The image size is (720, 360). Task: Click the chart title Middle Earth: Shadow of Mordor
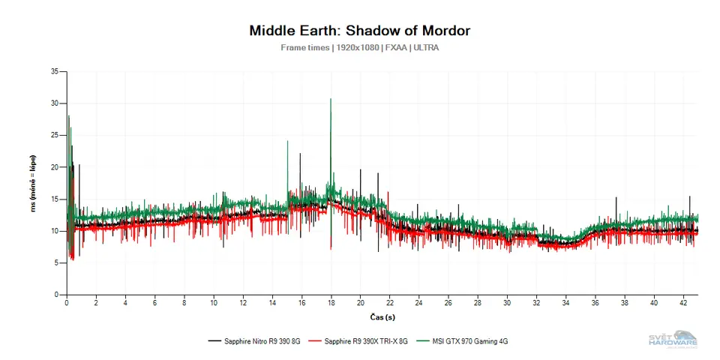tap(359, 31)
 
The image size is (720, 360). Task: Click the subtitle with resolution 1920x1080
tap(359, 48)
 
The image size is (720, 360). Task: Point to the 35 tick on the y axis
tap(54, 71)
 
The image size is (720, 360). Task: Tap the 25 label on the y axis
tap(54, 135)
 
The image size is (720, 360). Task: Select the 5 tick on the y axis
tap(56, 262)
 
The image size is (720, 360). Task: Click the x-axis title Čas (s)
tap(382, 316)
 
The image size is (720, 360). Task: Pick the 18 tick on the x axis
tap(331, 303)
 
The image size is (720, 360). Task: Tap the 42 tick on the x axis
tap(683, 303)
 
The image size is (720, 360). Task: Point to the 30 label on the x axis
tap(507, 303)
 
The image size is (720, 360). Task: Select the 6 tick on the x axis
tap(154, 303)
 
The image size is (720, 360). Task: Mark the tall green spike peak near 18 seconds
tap(331, 99)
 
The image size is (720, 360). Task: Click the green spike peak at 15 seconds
tap(287, 141)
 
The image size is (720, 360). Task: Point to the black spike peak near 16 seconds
tap(301, 154)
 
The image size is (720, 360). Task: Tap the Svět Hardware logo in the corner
tap(673, 339)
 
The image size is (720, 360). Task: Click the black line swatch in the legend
tap(214, 341)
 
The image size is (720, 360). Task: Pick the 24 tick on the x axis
tap(419, 303)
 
